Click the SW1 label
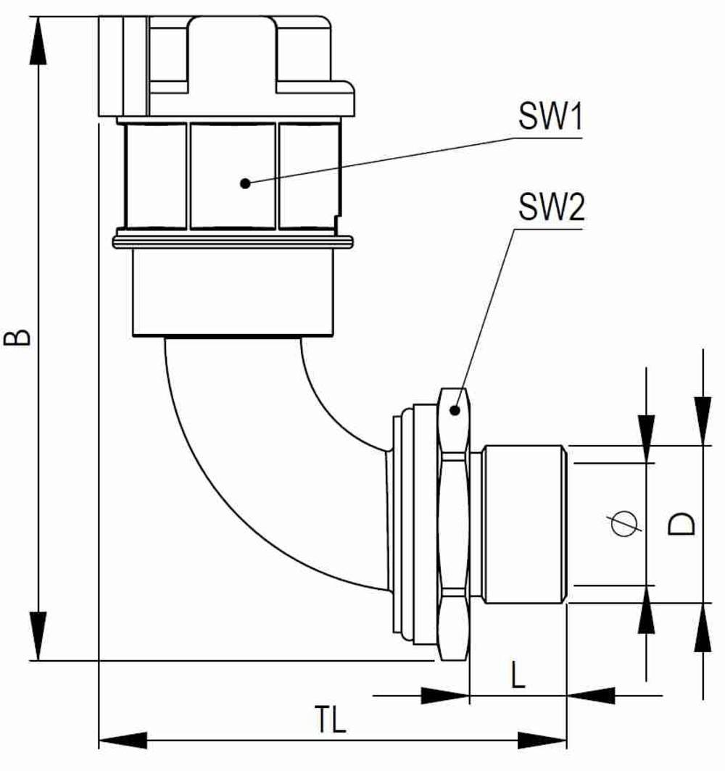550,117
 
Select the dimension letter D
681,523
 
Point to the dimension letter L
518,677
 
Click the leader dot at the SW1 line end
245,183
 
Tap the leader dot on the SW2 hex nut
455,411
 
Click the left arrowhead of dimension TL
122,741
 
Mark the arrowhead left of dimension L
444,696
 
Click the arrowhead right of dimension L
591,696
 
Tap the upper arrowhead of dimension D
703,420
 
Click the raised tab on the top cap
232,51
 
